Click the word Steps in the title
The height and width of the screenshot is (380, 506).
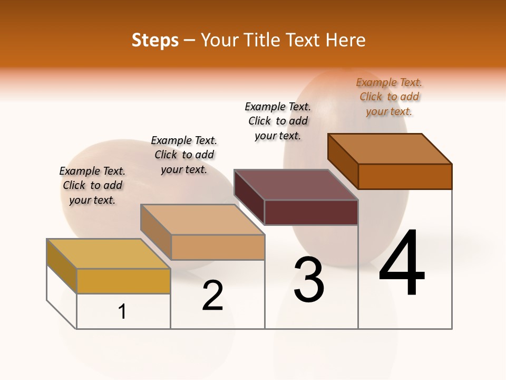pos(155,40)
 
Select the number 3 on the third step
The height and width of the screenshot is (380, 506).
pos(308,279)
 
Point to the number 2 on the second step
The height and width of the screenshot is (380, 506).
pos(212,296)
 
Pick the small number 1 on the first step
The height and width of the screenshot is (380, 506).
pos(122,311)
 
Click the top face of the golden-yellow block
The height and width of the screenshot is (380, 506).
pos(109,253)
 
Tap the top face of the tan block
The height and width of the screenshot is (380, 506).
pos(202,219)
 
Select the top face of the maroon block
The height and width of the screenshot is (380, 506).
pos(296,185)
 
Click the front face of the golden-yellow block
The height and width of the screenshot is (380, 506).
pos(123,281)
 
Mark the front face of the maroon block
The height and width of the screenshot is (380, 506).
pos(311,212)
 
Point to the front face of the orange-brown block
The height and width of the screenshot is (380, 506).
pos(405,176)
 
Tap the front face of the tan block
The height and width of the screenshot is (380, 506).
pos(218,247)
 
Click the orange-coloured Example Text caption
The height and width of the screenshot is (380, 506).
pos(389,97)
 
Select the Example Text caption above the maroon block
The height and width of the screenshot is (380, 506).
pos(278,121)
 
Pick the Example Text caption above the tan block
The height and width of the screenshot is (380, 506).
pos(184,155)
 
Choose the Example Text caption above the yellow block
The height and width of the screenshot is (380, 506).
pos(92,185)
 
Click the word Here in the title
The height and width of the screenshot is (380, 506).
pos(347,40)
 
